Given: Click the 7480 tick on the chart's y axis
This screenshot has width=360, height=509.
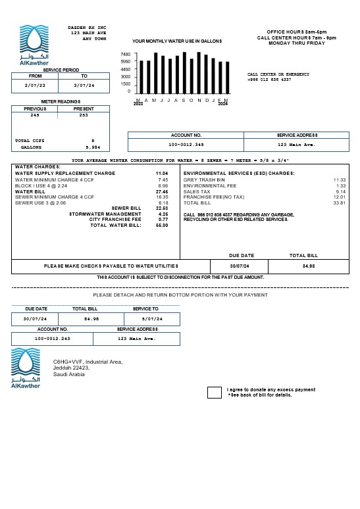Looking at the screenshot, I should click(124, 55).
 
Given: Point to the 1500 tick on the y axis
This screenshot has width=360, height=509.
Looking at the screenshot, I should click(124, 84).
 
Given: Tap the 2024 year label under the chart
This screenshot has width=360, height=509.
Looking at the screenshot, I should click(223, 104).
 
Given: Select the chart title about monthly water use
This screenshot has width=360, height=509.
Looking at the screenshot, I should click(177, 41).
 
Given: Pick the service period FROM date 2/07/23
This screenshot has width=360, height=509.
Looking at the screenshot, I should click(36, 85).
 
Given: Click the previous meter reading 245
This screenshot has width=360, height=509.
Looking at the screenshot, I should click(35, 115).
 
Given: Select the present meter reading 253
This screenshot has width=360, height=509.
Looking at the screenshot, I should click(84, 115).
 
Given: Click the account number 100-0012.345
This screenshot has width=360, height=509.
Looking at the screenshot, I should click(186, 144).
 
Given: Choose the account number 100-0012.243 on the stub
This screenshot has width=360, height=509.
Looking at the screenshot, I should click(52, 339).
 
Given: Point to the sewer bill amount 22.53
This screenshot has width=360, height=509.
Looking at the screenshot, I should click(162, 208).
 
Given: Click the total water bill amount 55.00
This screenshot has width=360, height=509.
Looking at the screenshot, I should click(162, 225).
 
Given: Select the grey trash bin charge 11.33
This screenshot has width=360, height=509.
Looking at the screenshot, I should click(339, 180).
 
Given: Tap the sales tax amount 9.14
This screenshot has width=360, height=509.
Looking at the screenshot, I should click(340, 191).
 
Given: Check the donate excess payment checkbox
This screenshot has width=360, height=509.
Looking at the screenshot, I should click(215, 393).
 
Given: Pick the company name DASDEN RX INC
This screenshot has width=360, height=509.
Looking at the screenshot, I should click(87, 28).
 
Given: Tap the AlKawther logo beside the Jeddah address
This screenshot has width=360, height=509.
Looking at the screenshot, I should click(26, 368).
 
